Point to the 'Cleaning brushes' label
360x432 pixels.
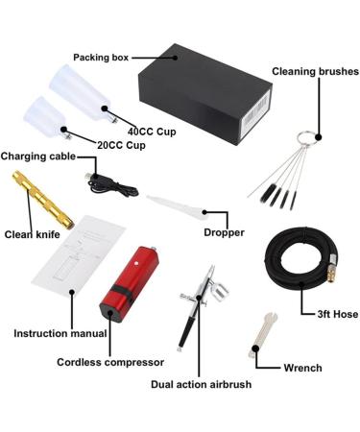[x=316, y=71]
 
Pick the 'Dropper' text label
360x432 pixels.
[x=224, y=232]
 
